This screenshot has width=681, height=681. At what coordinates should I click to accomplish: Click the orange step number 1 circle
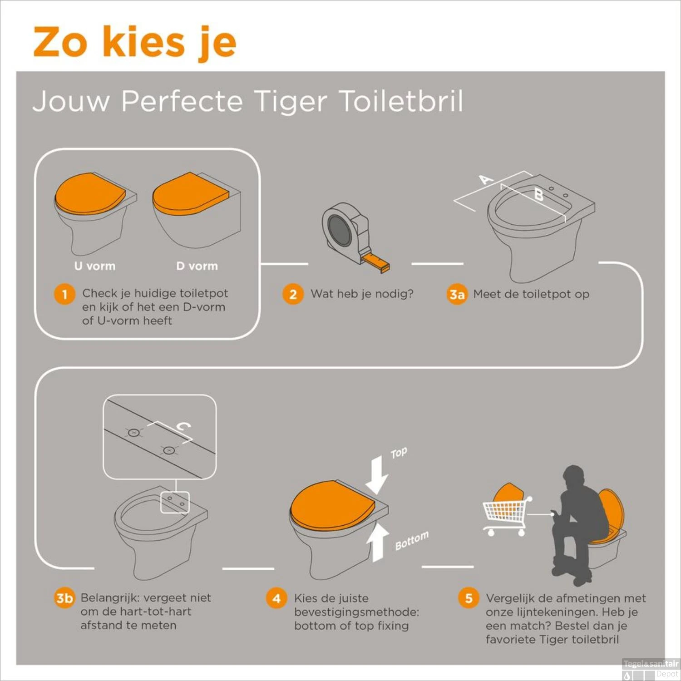coord(64,294)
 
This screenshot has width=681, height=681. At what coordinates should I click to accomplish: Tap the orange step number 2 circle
coord(293,294)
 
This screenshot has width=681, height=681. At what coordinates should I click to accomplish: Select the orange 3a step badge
coord(457,294)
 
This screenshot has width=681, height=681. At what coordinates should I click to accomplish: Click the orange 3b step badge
coord(64,598)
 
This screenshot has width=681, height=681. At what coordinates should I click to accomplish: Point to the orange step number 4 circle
coord(276,598)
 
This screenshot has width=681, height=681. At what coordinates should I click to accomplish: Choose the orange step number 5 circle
coord(469,598)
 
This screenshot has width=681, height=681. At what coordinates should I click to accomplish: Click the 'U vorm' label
coord(95,266)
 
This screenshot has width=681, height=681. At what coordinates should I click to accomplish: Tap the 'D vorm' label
coord(197,266)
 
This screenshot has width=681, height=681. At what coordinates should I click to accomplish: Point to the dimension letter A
coord(486,179)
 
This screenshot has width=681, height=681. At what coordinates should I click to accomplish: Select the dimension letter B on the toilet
coord(538,195)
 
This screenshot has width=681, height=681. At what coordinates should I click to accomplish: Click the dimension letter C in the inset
coord(183,427)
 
